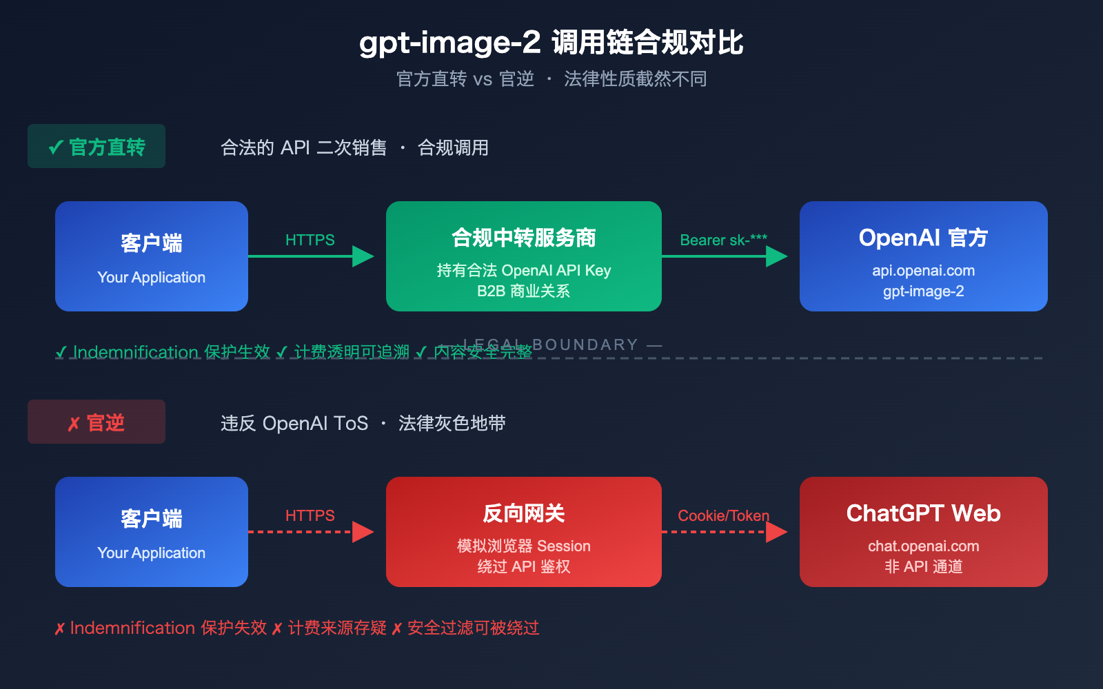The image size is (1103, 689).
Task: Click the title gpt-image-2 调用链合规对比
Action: (551, 43)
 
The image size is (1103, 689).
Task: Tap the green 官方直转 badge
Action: (97, 147)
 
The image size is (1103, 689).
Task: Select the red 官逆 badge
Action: (97, 422)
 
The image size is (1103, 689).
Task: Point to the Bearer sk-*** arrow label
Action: (723, 240)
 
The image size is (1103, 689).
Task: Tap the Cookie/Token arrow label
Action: (723, 516)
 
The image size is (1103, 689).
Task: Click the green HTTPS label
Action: (310, 240)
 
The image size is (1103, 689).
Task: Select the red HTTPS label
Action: (310, 516)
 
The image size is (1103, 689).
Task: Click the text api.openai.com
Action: (924, 271)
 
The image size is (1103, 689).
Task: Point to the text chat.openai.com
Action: (924, 546)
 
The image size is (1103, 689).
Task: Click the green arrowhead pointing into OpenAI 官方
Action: (776, 256)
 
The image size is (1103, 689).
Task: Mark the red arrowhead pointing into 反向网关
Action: (363, 532)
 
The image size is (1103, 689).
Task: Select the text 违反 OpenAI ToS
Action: (294, 423)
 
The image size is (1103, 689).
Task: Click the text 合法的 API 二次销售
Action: (303, 147)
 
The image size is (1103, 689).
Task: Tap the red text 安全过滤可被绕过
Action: (473, 628)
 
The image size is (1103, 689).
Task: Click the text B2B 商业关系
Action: (524, 291)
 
